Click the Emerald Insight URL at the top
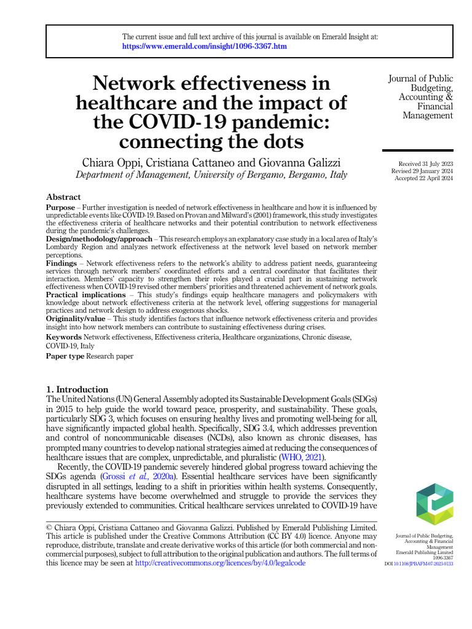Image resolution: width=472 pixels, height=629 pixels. [x=204, y=47]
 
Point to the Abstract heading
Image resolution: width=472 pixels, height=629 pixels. [x=63, y=197]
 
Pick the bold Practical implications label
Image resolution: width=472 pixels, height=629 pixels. [x=86, y=295]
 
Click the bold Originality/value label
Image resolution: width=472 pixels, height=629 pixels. [x=76, y=319]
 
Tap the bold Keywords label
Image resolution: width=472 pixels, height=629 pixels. [x=64, y=337]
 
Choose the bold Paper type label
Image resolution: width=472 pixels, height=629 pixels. [x=65, y=356]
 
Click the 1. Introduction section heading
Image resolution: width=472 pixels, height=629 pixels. [x=77, y=389]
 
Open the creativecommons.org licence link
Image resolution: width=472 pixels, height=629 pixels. [x=219, y=562]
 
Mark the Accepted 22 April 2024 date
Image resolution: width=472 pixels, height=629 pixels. [x=425, y=178]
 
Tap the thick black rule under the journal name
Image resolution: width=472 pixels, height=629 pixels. [x=417, y=150]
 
